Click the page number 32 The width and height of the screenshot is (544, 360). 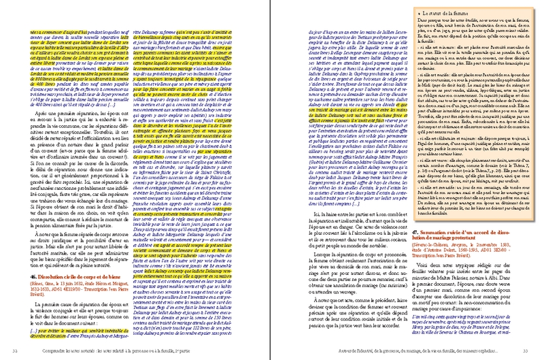(16, 351)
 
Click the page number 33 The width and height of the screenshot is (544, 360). (528, 351)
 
